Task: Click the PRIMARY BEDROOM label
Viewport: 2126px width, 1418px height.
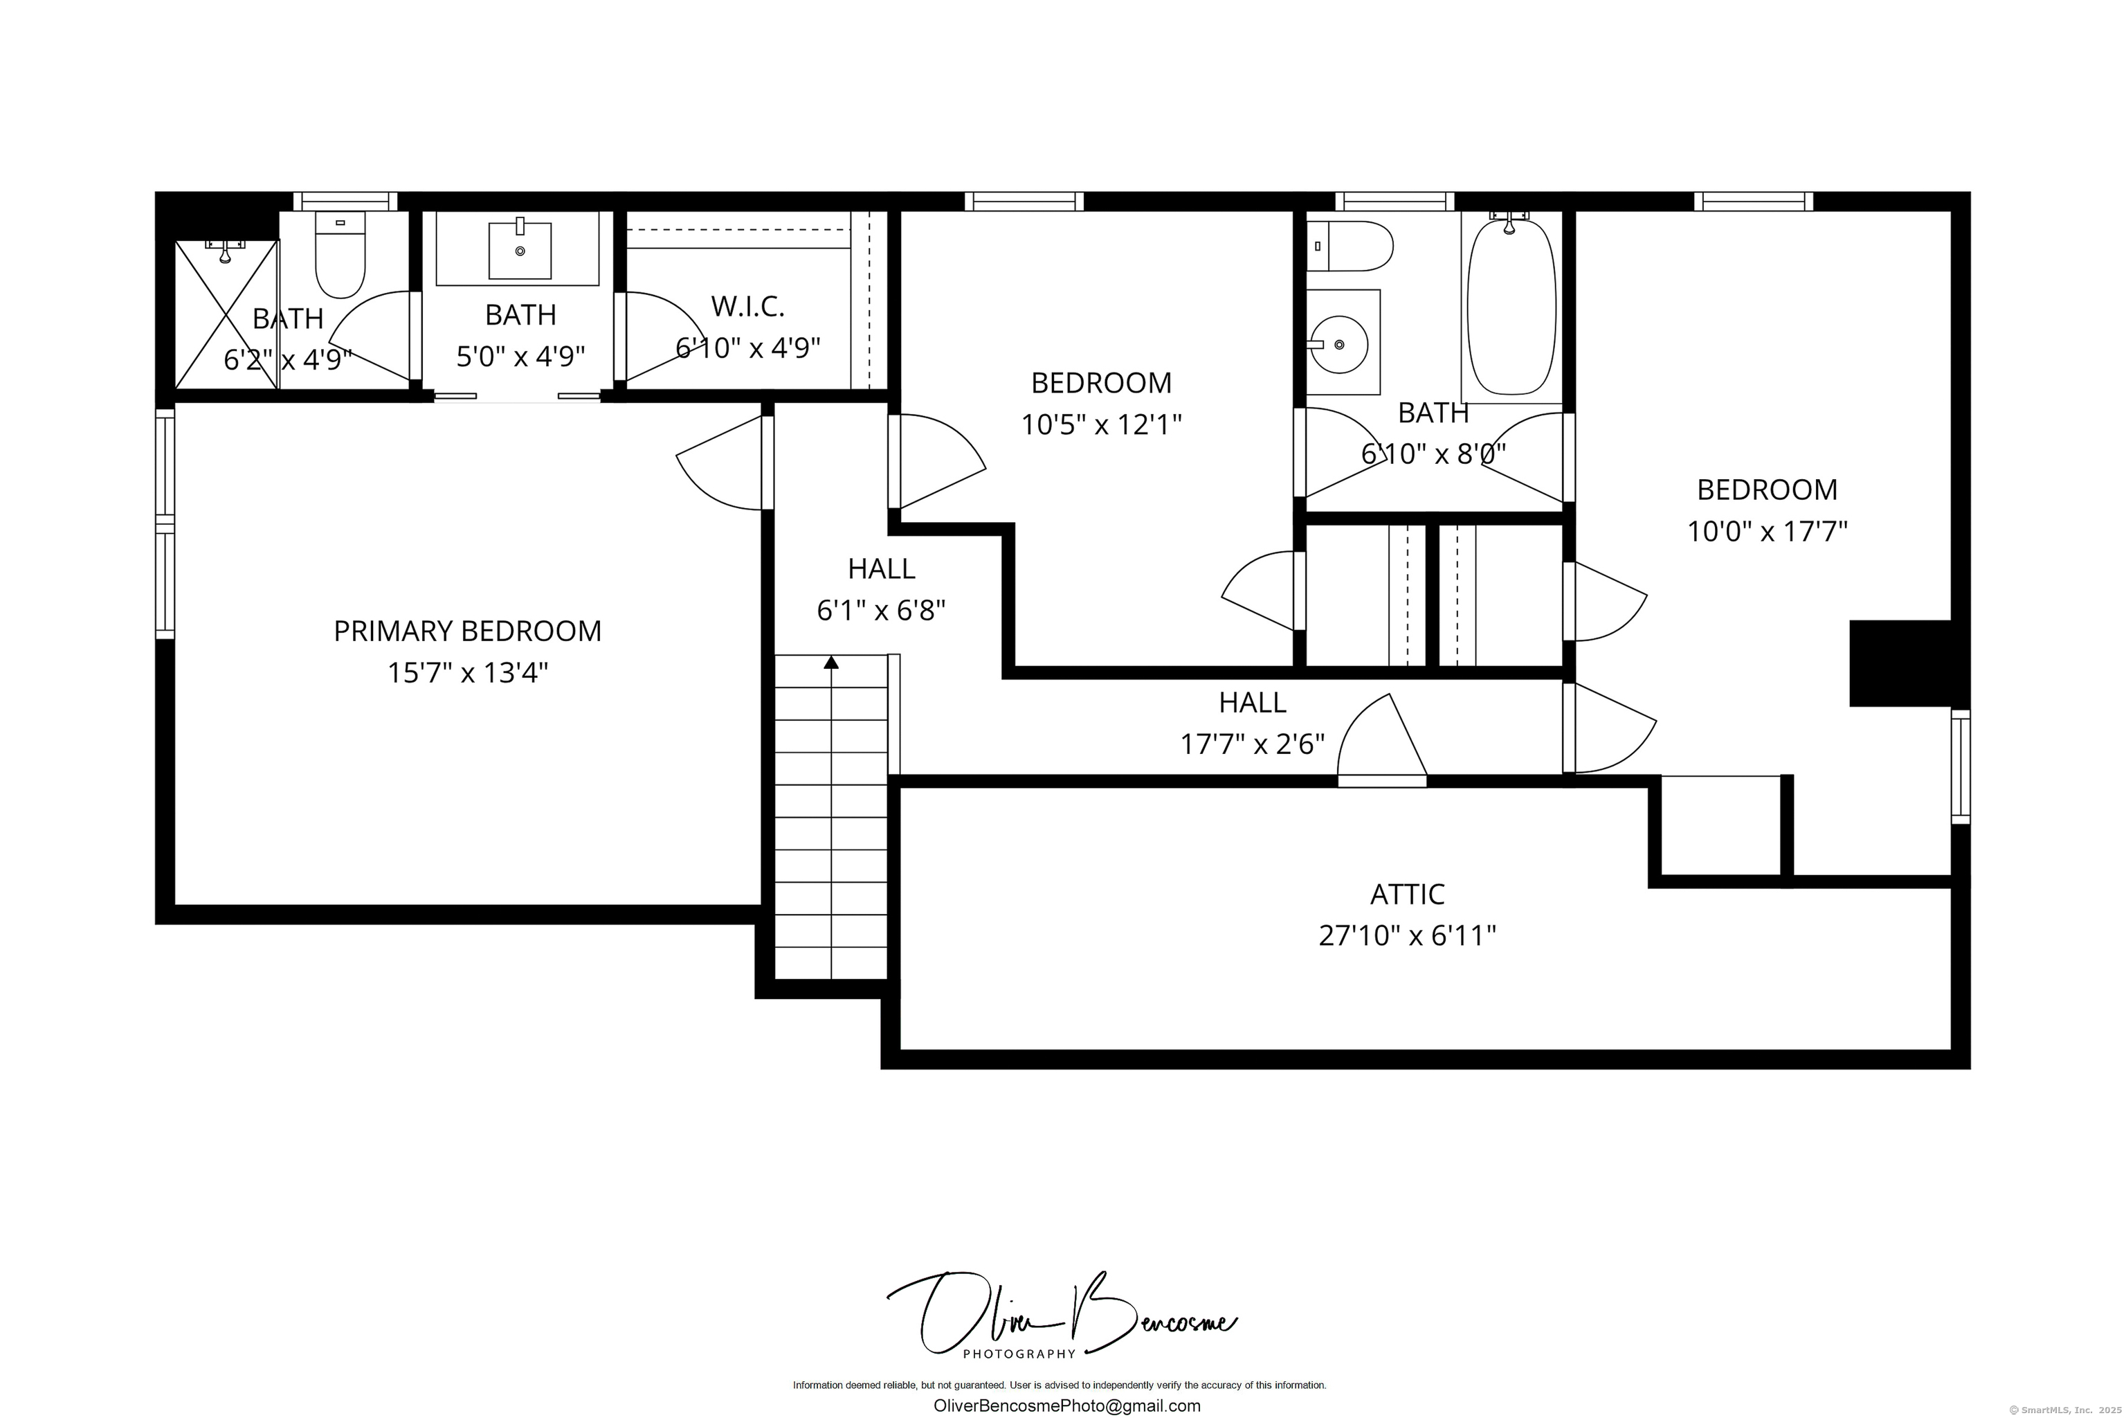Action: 467,631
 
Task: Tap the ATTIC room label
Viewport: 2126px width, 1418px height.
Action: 1408,895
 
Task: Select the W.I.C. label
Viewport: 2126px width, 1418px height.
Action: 747,307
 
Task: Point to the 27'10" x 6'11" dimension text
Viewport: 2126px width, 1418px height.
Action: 1408,935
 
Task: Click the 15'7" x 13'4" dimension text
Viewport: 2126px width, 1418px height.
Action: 467,673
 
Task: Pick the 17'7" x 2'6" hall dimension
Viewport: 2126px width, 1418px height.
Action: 1252,744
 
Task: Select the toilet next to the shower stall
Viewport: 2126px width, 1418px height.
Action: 340,254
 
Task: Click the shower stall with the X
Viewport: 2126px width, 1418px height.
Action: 226,315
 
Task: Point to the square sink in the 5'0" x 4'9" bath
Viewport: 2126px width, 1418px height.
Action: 520,249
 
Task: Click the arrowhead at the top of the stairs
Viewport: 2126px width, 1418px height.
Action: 830,663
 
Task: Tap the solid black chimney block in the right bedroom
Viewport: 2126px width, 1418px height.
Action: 1899,663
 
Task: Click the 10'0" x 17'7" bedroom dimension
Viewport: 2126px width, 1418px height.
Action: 1767,531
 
